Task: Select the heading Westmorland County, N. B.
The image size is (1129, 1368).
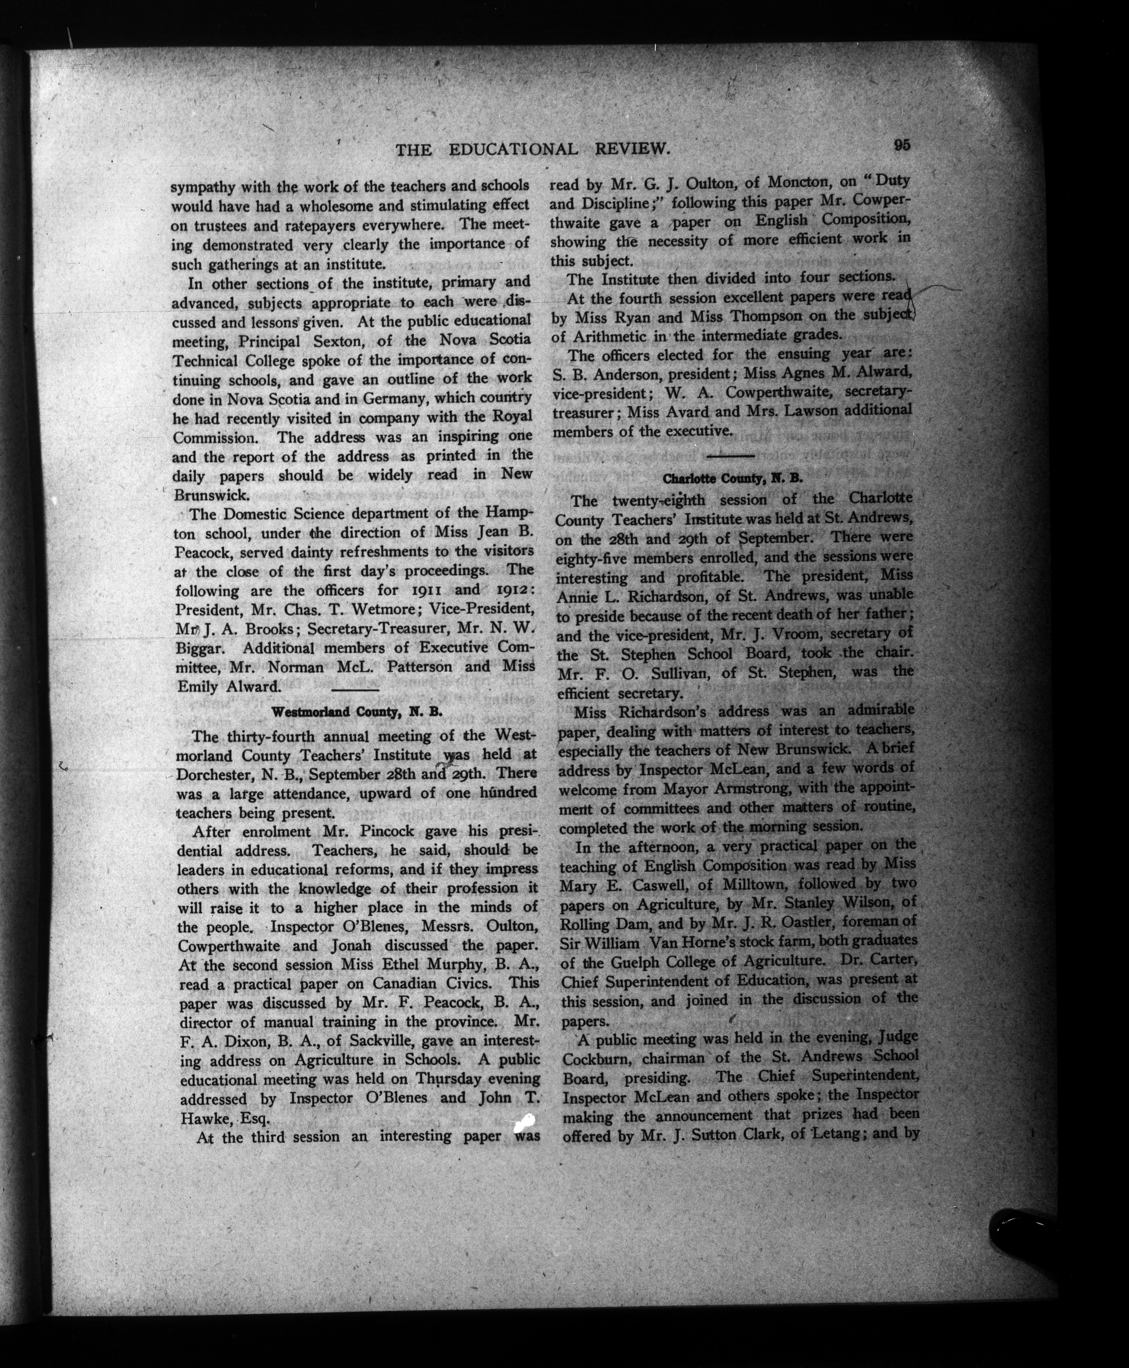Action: [x=356, y=711]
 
